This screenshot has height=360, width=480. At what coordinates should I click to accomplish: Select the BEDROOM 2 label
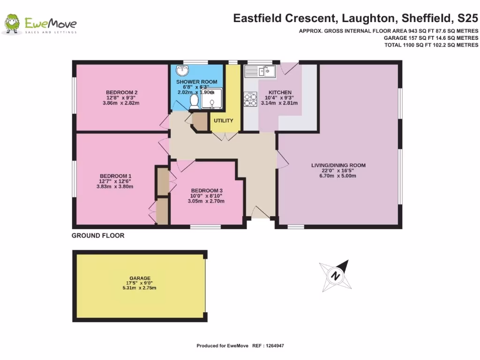click(121, 92)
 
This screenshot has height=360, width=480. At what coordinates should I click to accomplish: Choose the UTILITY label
click(224, 121)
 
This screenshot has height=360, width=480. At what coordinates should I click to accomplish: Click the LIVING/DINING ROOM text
click(338, 165)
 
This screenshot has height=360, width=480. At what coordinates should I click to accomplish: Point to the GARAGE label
click(140, 278)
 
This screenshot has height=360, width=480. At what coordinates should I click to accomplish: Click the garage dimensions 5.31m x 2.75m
click(140, 288)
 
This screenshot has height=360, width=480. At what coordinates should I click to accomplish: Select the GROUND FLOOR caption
click(98, 236)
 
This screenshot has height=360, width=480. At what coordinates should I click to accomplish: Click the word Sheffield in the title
click(428, 19)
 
